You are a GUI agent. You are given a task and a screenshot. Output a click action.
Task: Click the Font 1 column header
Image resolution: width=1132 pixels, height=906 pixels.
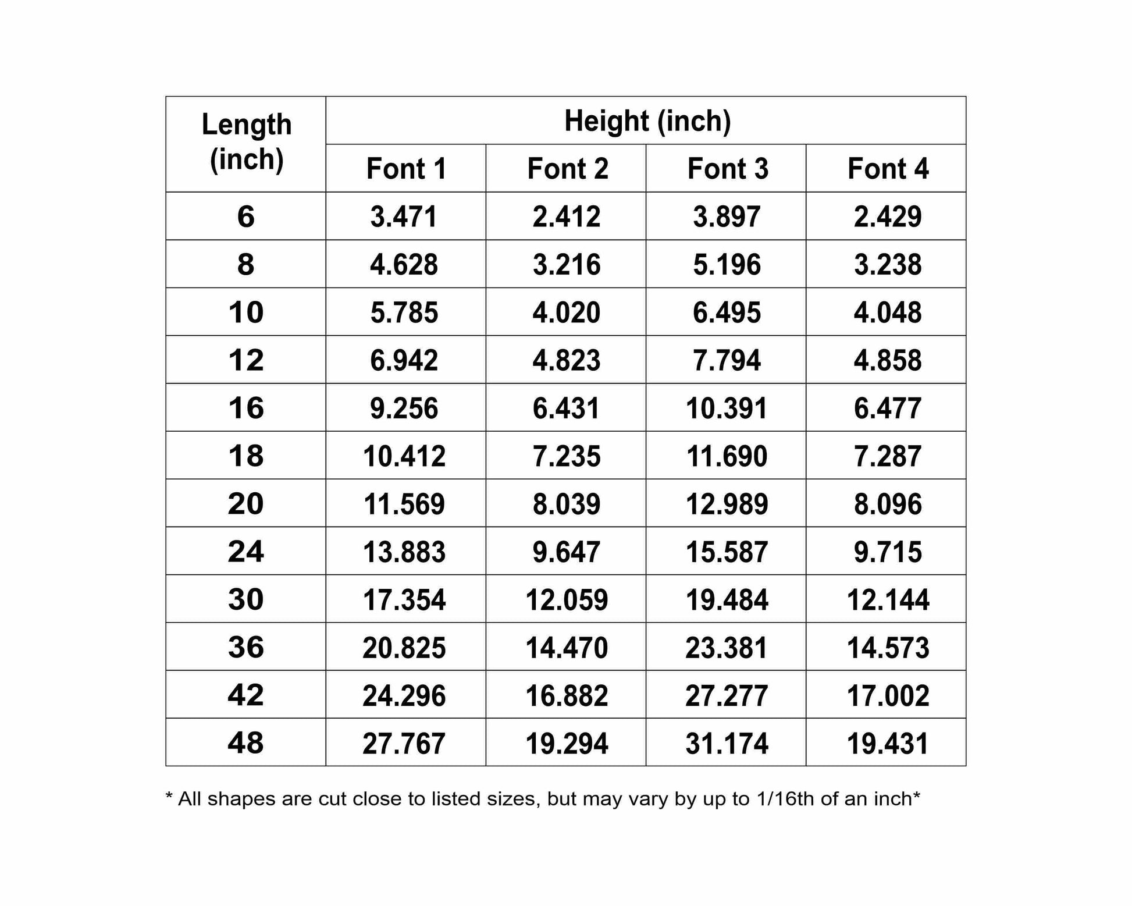(x=406, y=169)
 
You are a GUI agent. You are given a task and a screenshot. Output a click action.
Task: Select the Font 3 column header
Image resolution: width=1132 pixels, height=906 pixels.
(x=728, y=169)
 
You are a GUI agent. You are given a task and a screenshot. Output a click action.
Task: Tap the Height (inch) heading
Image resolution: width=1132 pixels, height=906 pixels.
(x=647, y=121)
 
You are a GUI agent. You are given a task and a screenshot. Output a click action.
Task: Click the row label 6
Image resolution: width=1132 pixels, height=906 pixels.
(x=245, y=216)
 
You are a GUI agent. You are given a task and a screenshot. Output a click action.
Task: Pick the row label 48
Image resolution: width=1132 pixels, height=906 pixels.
(x=245, y=743)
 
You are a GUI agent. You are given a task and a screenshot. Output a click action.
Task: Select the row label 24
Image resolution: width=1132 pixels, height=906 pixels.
(x=245, y=552)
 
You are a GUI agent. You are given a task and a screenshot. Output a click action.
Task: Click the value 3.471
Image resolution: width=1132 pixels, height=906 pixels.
(x=404, y=217)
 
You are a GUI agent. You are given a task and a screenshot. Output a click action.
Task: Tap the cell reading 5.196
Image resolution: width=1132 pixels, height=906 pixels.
(x=727, y=265)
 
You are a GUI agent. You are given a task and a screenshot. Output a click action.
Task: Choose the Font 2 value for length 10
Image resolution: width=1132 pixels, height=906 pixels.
(x=566, y=312)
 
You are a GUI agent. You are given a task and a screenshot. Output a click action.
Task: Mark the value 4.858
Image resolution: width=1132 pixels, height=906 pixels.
(x=888, y=360)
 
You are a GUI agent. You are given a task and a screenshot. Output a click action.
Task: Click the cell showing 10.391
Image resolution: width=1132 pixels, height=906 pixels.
(x=727, y=408)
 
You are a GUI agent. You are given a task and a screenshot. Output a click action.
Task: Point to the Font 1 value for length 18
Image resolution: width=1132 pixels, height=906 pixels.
(x=404, y=456)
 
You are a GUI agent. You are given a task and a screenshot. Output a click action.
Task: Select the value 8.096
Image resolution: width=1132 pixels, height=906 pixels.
(x=888, y=504)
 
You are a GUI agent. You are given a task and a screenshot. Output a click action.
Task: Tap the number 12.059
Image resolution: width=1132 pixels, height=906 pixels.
(x=567, y=600)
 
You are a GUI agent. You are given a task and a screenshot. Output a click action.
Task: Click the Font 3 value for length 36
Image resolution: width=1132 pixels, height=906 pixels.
(x=727, y=648)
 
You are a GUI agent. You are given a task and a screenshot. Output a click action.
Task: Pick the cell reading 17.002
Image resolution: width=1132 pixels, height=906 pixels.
(x=888, y=695)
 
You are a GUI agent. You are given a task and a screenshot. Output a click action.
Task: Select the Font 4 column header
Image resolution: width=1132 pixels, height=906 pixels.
(x=888, y=169)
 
